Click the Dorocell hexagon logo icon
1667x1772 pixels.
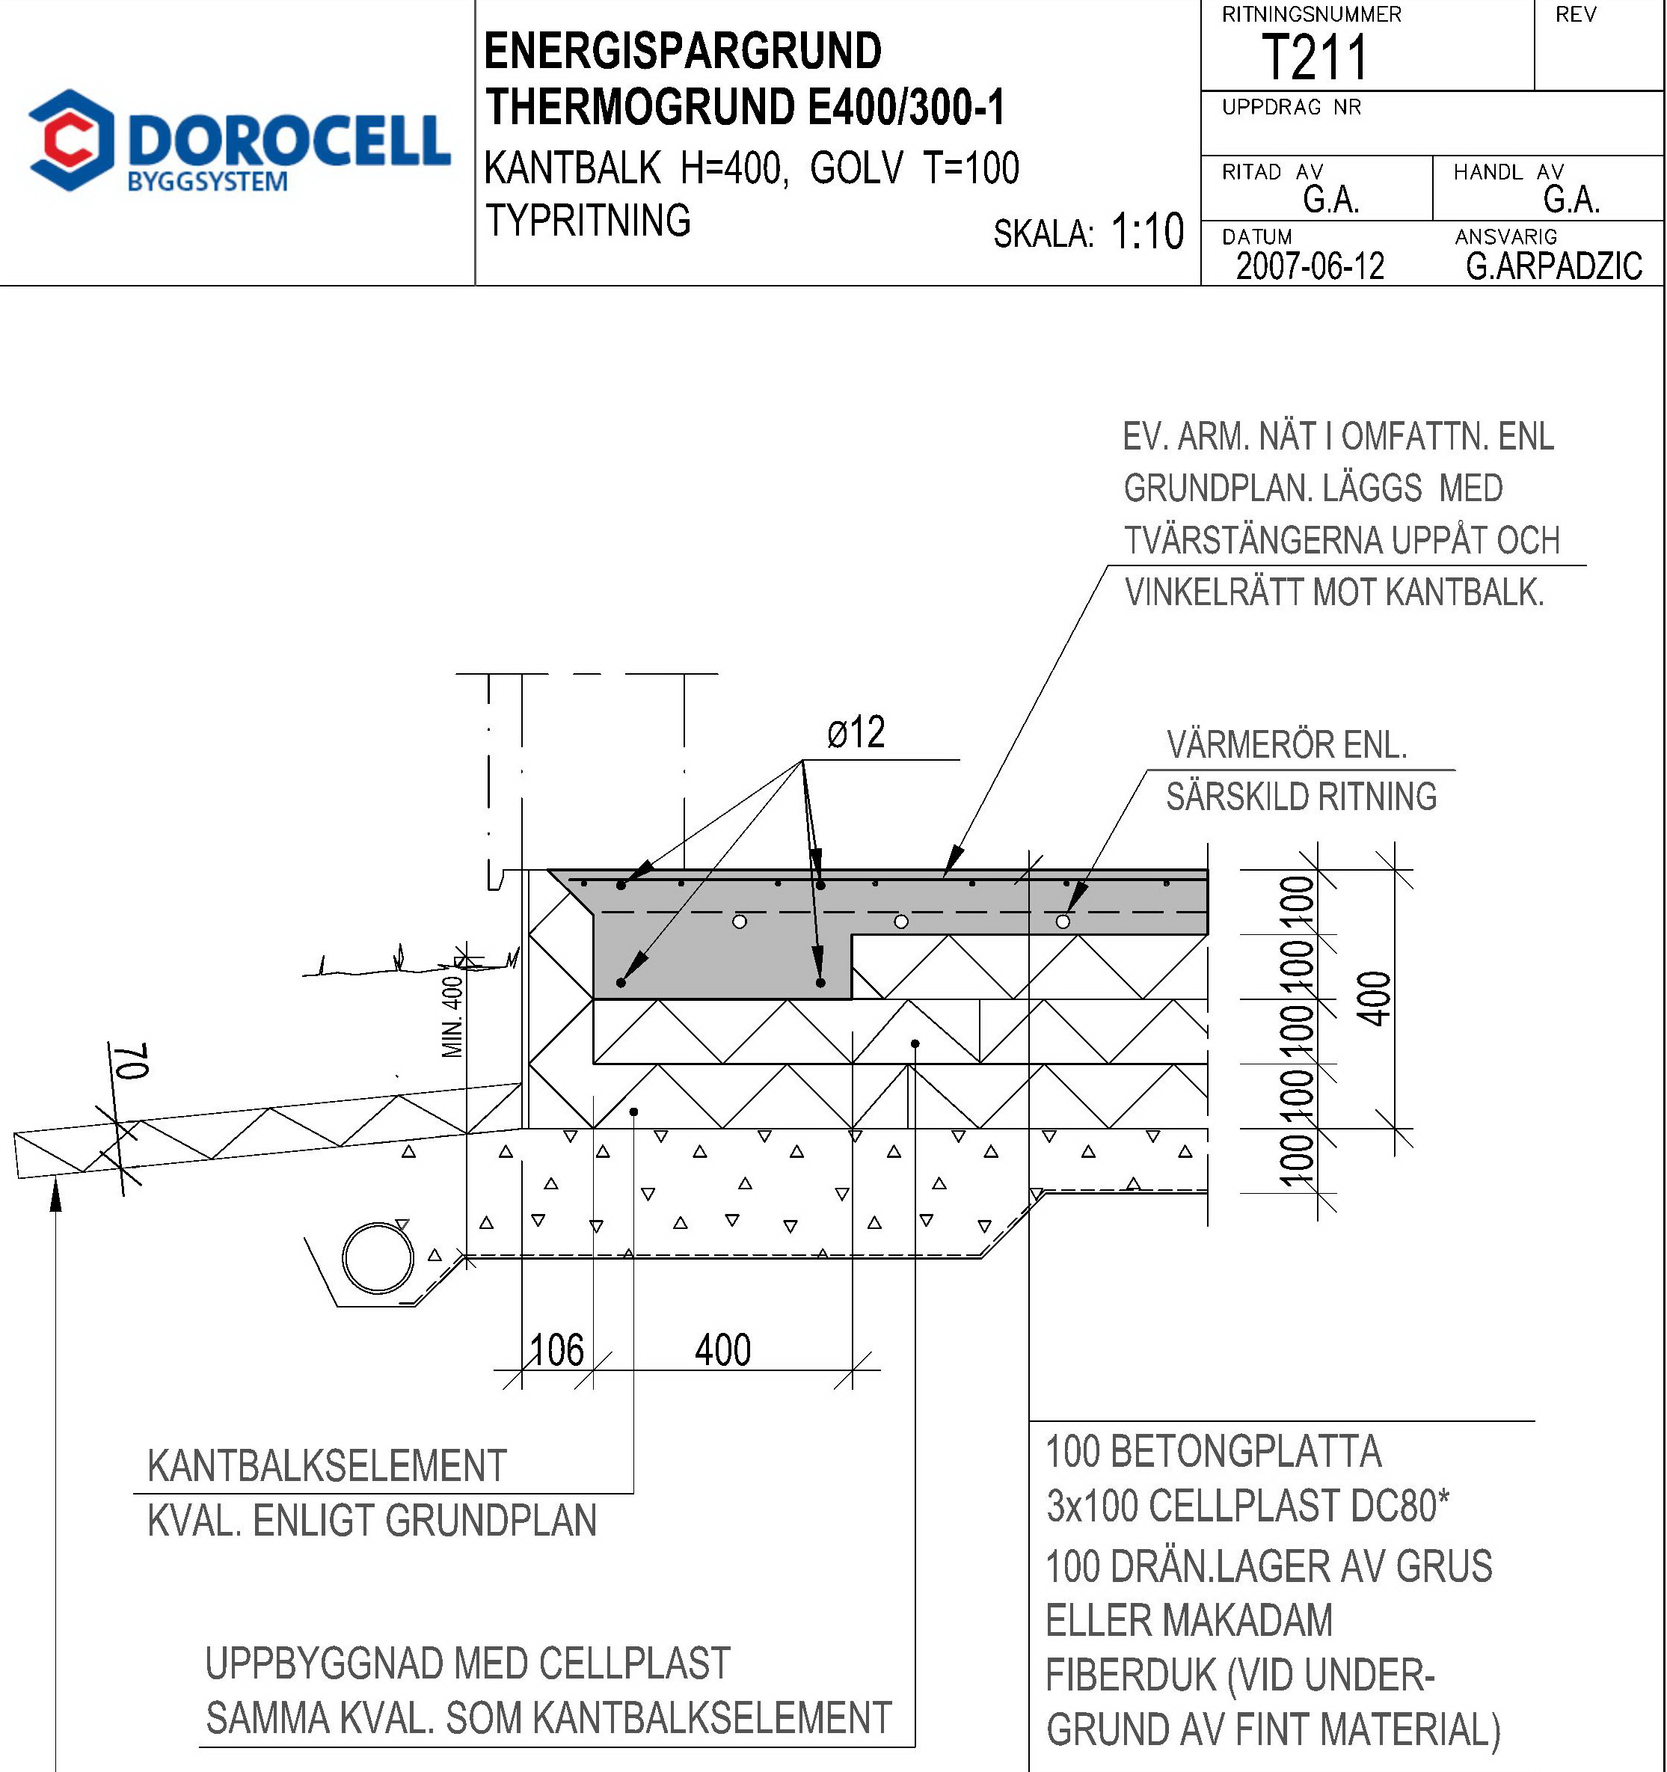(71, 140)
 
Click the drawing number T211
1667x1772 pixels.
(1313, 58)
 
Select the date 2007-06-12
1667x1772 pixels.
(1309, 266)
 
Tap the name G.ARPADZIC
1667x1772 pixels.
(1553, 266)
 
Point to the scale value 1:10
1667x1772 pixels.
(1146, 232)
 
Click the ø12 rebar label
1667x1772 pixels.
(856, 733)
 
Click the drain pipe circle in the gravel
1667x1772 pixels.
(378, 1257)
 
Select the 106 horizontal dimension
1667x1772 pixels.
(557, 1349)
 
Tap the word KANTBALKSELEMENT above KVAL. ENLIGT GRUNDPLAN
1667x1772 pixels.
(327, 1466)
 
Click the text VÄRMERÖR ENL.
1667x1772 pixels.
(1286, 745)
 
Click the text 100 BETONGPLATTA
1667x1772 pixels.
(1212, 1451)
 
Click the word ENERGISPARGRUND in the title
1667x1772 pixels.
(683, 51)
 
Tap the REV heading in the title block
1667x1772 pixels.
(1575, 15)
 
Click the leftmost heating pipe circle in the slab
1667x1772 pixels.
(740, 921)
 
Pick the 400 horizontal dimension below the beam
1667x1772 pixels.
(722, 1349)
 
